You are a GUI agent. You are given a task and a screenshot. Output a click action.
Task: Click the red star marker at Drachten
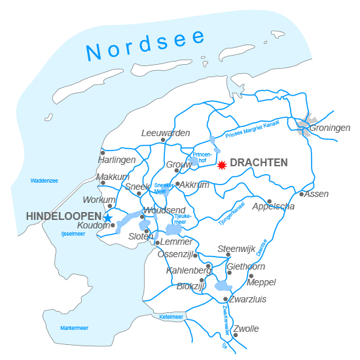click(x=222, y=165)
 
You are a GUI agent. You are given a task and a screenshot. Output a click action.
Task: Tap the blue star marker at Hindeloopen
click(x=108, y=219)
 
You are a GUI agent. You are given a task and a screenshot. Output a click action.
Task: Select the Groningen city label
click(x=330, y=128)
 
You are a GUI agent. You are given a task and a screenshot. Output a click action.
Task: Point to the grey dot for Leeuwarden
click(x=163, y=139)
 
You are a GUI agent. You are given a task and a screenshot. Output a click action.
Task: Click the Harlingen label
click(x=117, y=160)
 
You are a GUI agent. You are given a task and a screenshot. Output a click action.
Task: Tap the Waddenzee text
click(x=44, y=181)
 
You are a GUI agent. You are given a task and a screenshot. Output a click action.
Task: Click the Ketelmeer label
click(x=171, y=317)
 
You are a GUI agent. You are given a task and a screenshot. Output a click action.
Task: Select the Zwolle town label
click(x=246, y=329)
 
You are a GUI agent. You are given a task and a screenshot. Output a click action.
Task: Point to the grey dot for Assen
click(x=302, y=194)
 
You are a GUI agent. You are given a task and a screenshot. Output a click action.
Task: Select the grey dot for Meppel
click(x=251, y=275)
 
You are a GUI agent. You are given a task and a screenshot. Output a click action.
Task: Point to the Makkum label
click(x=113, y=177)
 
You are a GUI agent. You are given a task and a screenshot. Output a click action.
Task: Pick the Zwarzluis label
click(x=247, y=300)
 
